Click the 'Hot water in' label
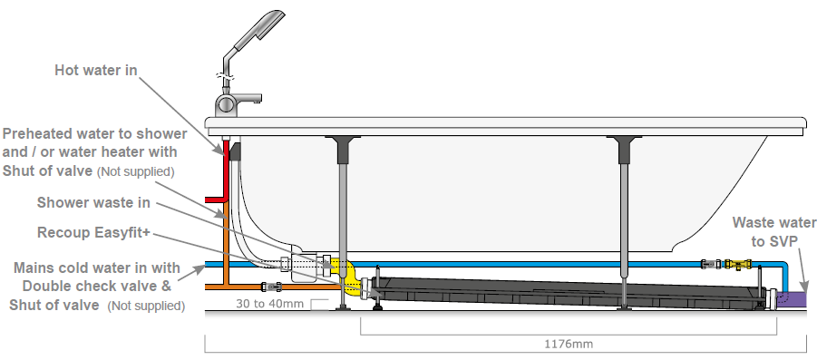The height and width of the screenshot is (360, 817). click(x=96, y=70)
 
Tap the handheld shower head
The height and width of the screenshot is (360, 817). click(x=259, y=30)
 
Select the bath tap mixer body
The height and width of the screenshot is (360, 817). click(x=226, y=104)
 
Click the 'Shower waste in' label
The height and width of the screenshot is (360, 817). click(x=93, y=202)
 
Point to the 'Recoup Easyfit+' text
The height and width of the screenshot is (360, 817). click(x=93, y=233)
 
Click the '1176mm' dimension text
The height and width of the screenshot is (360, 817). click(x=569, y=344)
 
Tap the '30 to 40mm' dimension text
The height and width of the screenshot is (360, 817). click(x=269, y=303)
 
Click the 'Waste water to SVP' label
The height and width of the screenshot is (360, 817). click(x=774, y=232)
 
